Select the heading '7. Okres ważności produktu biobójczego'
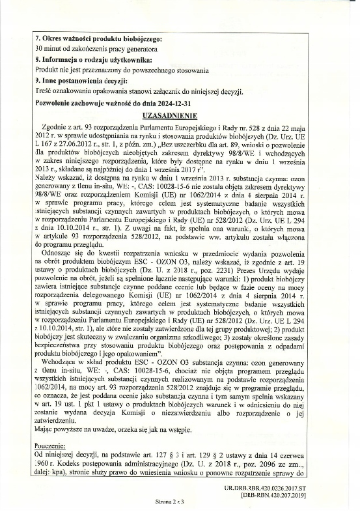tap(98, 39)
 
